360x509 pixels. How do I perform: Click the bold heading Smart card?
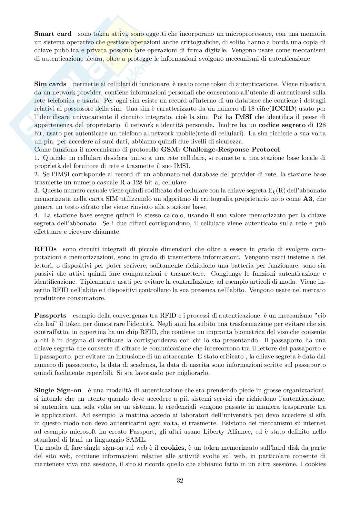coord(53,34)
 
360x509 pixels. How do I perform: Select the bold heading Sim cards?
coord(50,84)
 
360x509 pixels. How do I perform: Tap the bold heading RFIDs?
coord(45,249)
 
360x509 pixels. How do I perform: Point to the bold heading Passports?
coord(50,315)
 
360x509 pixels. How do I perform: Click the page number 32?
coord(180,480)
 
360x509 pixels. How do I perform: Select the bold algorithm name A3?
coord(308,199)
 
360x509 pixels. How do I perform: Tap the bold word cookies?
coord(173,447)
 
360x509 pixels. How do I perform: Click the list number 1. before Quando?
coord(36,158)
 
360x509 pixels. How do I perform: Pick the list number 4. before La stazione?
coord(36,215)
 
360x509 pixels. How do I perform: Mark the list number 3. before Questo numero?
coord(36,191)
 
